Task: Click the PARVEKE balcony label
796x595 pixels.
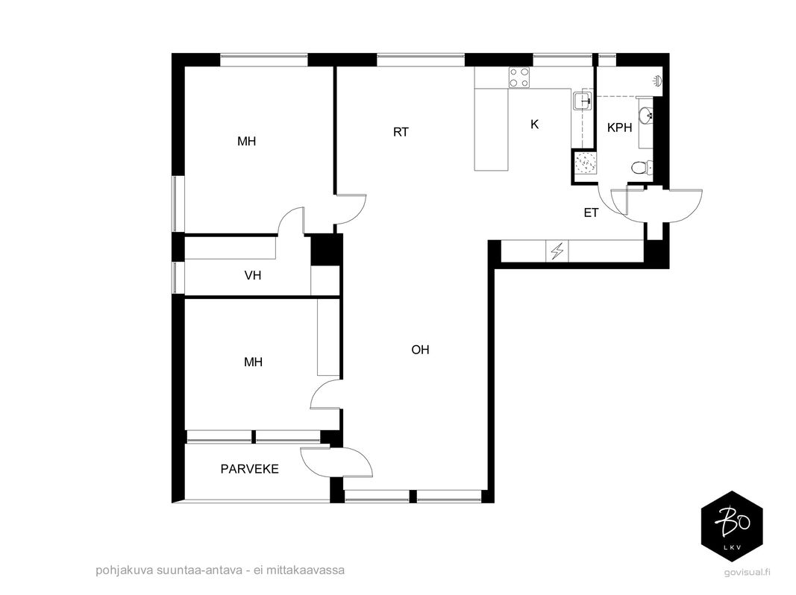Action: (249, 469)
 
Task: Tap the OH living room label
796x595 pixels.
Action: (420, 350)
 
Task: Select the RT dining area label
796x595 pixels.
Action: (401, 132)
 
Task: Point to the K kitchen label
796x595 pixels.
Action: (534, 125)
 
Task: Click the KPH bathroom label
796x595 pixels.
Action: (619, 127)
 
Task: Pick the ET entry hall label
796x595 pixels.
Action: (591, 212)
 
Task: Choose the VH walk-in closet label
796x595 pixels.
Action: (253, 275)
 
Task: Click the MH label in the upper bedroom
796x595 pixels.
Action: (247, 141)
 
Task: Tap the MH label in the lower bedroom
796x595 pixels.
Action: (254, 362)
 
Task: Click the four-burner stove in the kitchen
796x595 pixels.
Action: (519, 78)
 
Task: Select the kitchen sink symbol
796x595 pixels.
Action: (583, 101)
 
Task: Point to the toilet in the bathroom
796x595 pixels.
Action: (642, 167)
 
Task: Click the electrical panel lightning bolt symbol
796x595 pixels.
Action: (557, 251)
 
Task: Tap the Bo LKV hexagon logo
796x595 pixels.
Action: (732, 526)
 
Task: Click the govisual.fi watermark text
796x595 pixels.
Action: (748, 572)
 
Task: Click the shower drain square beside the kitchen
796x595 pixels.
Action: (585, 163)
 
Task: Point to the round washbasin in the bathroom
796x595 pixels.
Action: (646, 116)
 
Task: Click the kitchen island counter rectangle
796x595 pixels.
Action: (492, 129)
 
